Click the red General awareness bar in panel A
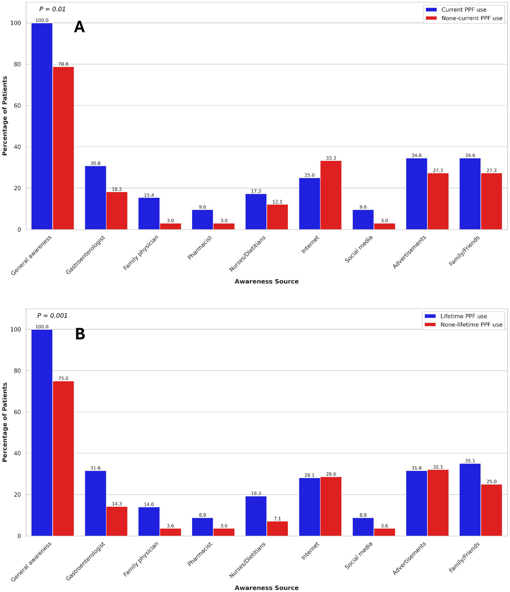coord(63,148)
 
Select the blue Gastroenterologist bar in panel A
coord(95,198)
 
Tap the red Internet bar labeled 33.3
coord(331,195)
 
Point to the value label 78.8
coord(63,64)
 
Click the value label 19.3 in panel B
coord(256,493)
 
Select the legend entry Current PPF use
coord(464,10)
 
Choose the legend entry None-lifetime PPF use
coord(471,325)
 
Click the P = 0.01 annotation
coord(52,9)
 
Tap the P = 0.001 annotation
coord(52,316)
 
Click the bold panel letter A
coord(79,27)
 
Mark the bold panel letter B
coord(80,334)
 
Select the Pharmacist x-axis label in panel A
coord(200,247)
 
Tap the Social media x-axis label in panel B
coord(359,555)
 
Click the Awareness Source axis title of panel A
coord(266,281)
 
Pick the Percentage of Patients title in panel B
coord(5,422)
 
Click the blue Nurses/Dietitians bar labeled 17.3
coord(256,212)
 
